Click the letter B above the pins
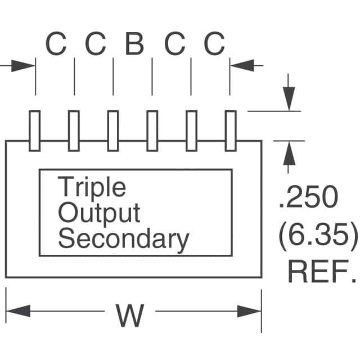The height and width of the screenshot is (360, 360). [x=135, y=44]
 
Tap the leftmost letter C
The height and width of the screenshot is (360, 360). [x=56, y=44]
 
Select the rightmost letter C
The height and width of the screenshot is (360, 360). [x=214, y=44]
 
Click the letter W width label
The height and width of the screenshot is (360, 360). [x=130, y=316]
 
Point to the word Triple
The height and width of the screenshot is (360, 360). [x=92, y=188]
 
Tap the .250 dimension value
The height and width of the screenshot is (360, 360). [x=309, y=197]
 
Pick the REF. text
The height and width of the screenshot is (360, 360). [x=322, y=272]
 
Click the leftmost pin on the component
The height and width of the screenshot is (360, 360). [x=35, y=131]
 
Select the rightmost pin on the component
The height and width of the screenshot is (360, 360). [x=231, y=131]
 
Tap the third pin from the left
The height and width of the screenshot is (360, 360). [x=113, y=131]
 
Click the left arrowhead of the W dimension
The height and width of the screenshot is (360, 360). [x=19, y=311]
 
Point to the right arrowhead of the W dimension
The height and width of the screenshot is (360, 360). [x=249, y=311]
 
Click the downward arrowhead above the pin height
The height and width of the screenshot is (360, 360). [x=289, y=99]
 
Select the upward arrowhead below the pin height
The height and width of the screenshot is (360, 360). [x=289, y=153]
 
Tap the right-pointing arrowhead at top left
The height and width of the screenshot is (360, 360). [x=23, y=66]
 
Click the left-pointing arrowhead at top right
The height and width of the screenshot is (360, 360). [x=242, y=65]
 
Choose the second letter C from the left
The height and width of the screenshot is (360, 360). [x=96, y=44]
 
